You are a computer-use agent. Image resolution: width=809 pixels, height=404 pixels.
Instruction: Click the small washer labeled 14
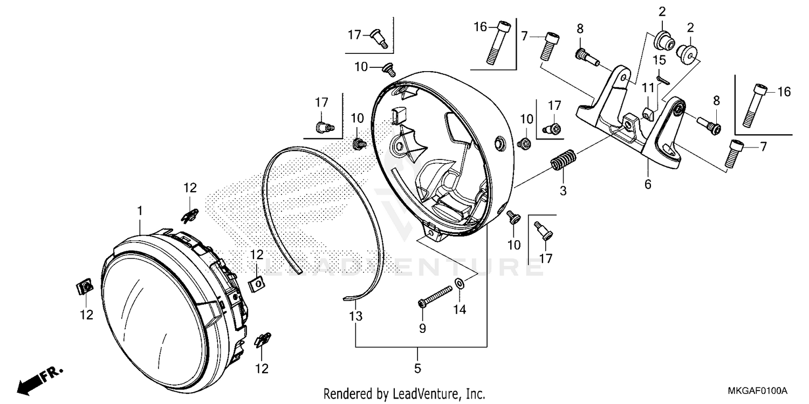[x=460, y=283]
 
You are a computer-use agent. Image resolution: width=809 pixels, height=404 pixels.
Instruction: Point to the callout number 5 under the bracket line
[x=418, y=368]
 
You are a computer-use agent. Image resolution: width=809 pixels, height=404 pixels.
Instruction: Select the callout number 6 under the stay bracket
[x=647, y=184]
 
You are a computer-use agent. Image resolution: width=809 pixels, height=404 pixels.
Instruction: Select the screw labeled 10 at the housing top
[x=388, y=69]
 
